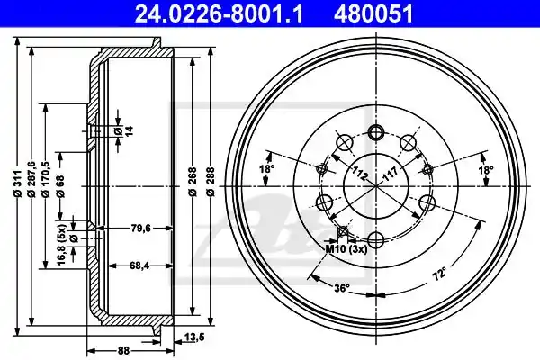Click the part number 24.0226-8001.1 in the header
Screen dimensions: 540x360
click(219, 14)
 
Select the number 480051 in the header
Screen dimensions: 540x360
click(373, 14)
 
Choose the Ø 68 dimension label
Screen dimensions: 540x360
click(60, 186)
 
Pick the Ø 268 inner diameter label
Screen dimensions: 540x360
click(193, 182)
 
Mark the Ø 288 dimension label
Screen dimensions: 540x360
click(210, 182)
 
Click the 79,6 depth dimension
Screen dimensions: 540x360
click(141, 228)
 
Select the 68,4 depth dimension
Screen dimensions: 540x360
click(139, 265)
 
